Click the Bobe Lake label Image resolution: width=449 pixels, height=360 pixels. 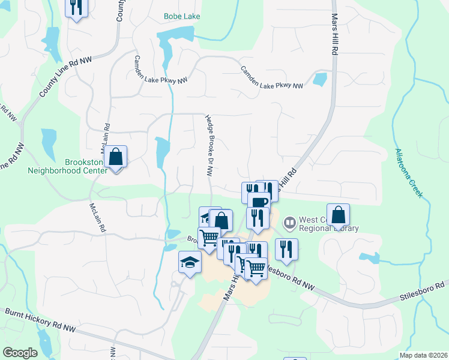pos(182,16)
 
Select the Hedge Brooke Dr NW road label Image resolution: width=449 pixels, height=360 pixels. pos(208,146)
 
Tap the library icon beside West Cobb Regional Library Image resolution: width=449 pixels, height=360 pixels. pos(291,223)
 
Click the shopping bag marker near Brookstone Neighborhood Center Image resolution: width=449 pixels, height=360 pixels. pos(116,157)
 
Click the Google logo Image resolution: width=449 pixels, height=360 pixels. pos(20,353)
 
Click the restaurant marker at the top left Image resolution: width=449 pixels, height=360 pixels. pos(76,8)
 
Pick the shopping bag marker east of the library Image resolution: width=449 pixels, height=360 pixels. pos(339,215)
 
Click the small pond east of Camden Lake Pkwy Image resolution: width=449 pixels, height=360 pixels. pos(320,79)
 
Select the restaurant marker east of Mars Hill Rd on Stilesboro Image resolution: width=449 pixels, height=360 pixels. pos(286,249)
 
